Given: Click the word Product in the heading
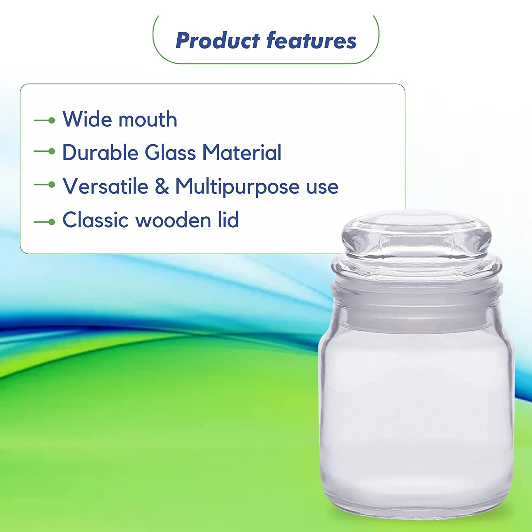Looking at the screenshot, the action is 218,40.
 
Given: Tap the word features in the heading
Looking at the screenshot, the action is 311,40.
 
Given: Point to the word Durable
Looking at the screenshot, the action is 100,153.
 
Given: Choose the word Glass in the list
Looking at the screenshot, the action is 170,153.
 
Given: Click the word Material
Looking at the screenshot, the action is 242,153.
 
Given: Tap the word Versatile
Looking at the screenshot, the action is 106,186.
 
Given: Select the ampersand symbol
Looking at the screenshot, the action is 162,186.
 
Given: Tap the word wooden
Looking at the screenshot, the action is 174,220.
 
